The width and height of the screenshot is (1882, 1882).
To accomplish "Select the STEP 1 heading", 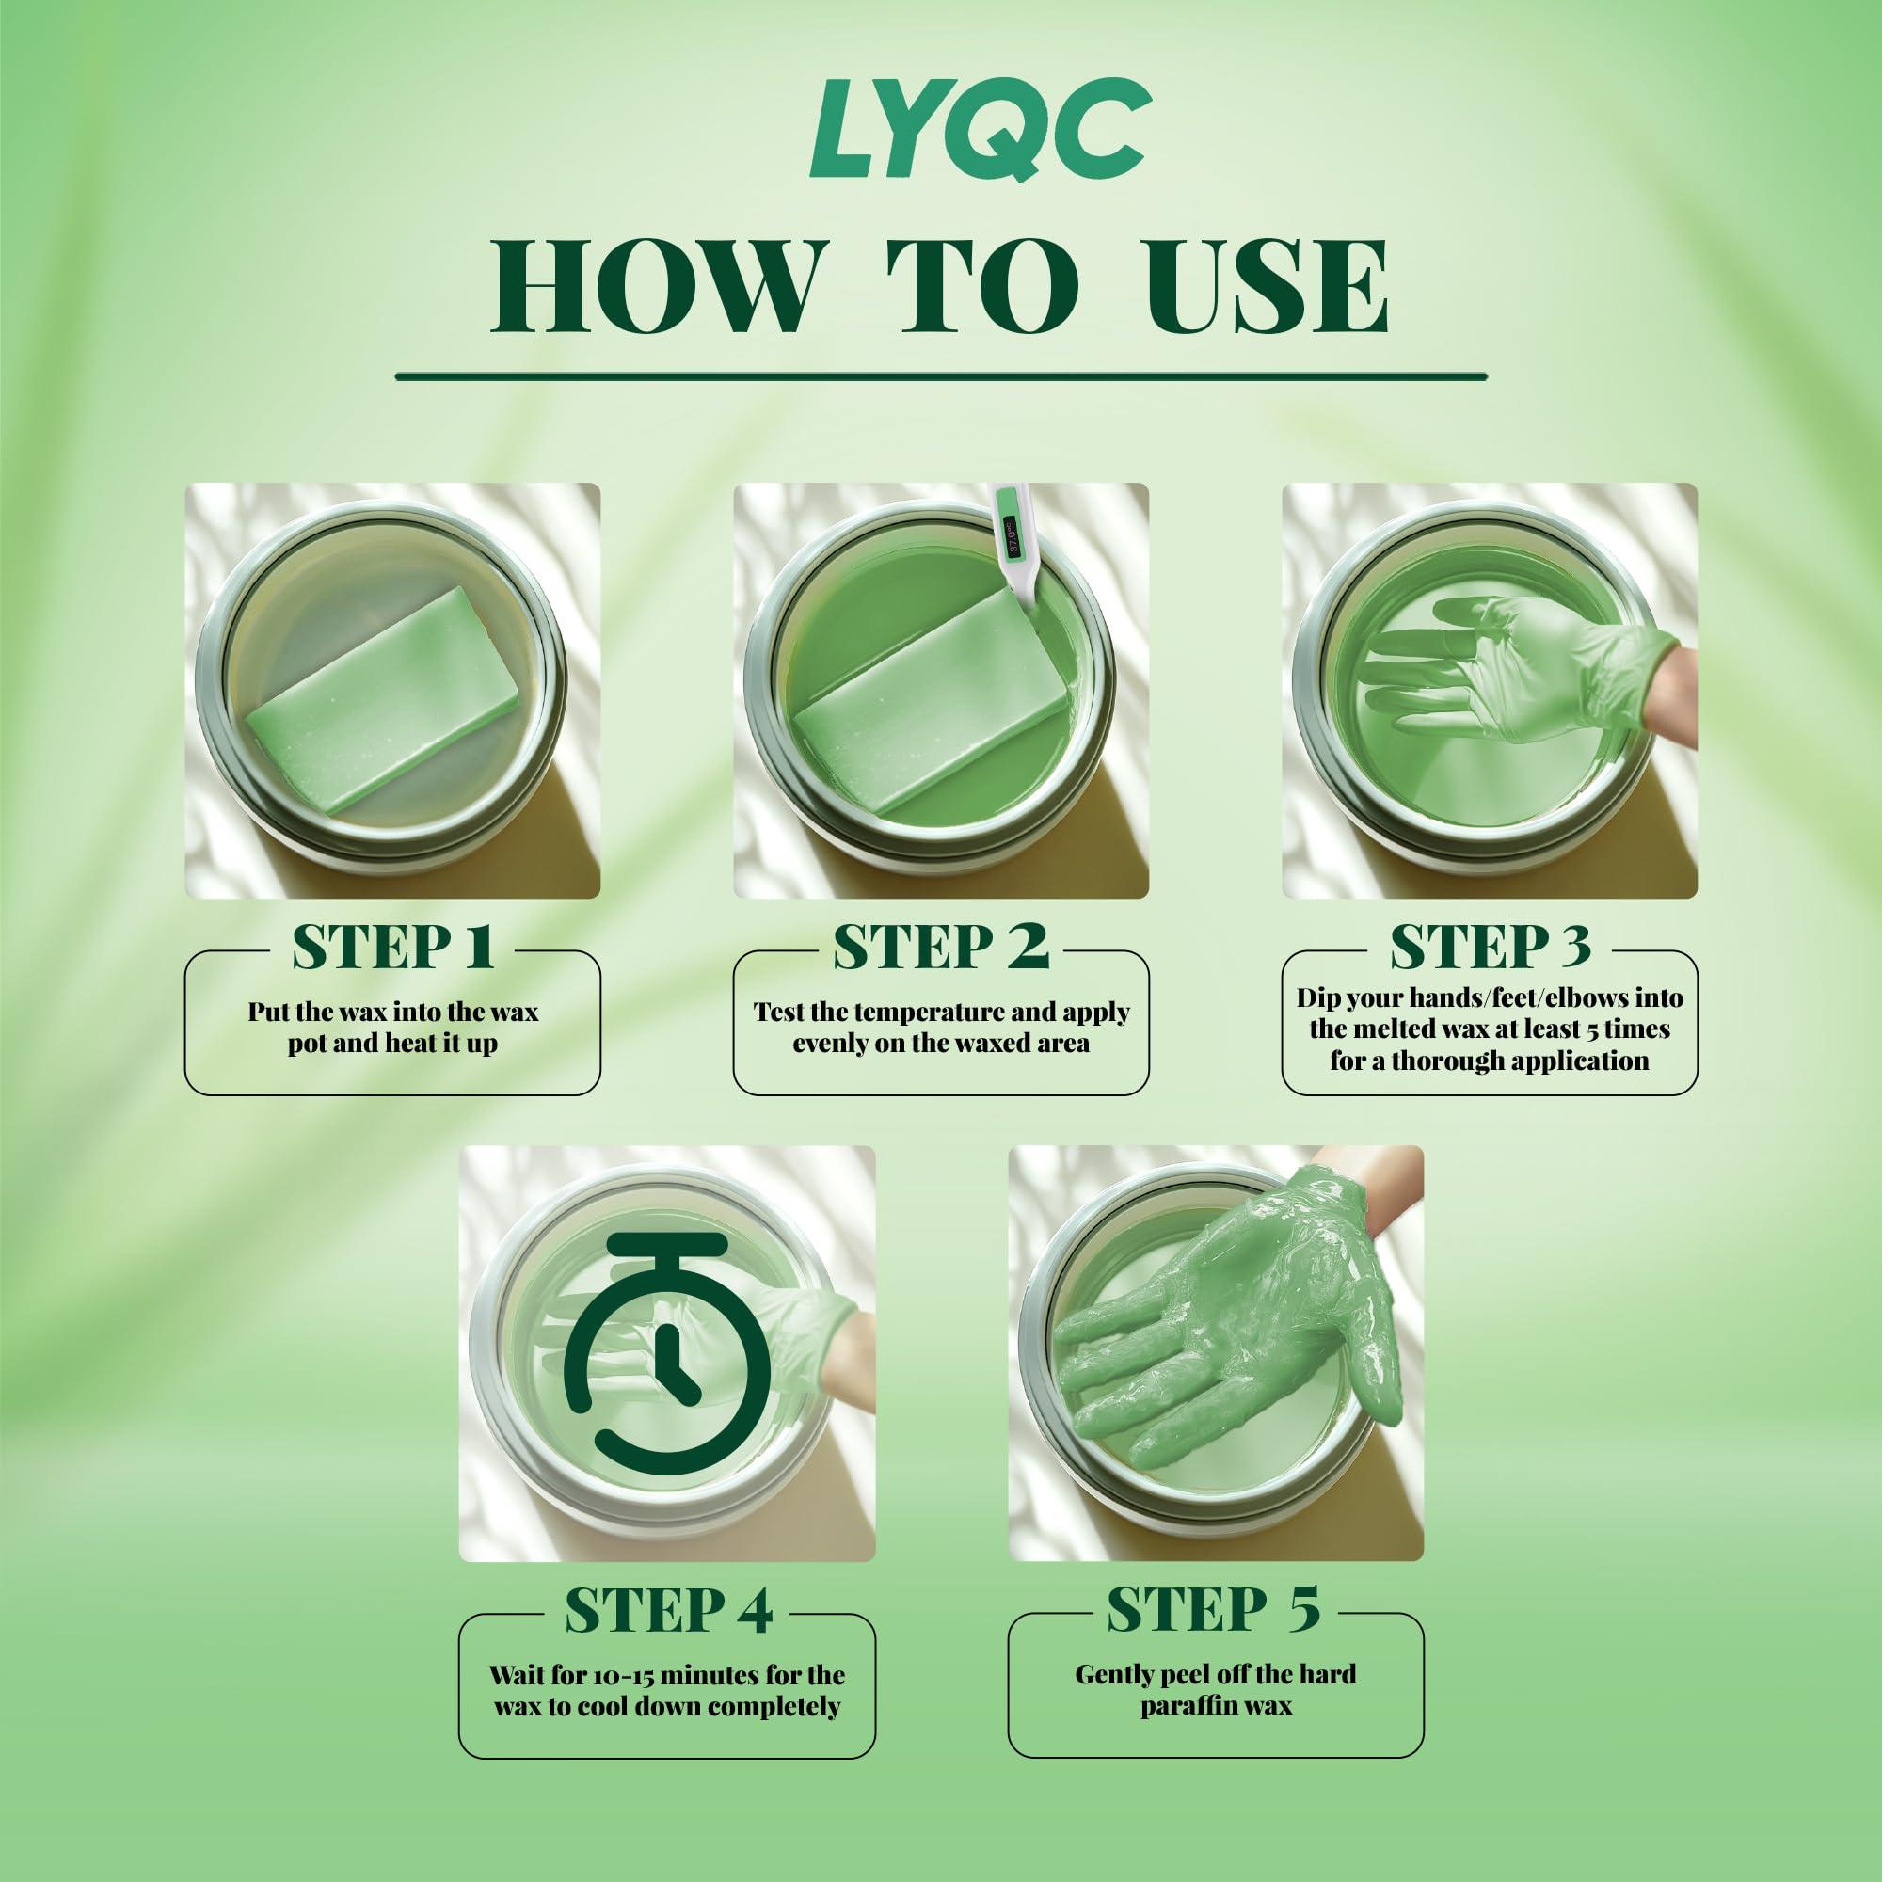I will (x=392, y=947).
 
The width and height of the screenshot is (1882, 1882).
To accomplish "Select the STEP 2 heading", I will (x=940, y=947).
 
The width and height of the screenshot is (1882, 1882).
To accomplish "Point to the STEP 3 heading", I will (x=1490, y=947).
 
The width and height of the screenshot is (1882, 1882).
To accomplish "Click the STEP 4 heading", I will (x=668, y=1610).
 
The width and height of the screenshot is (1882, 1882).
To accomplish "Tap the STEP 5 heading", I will (x=1214, y=1610).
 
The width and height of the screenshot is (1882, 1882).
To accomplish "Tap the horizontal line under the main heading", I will (x=940, y=375).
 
